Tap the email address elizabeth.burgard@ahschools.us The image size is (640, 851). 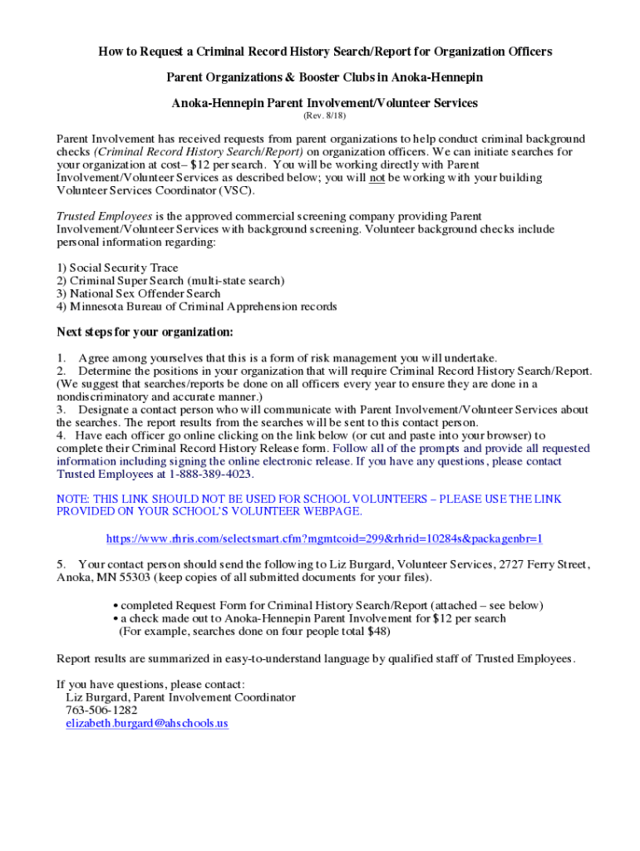pyautogui.click(x=146, y=723)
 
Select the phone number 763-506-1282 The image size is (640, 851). pyautogui.click(x=101, y=711)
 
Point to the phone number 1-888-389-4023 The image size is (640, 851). pyautogui.click(x=210, y=475)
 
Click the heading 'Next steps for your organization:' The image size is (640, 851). pyautogui.click(x=145, y=332)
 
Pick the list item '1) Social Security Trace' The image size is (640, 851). pyautogui.click(x=117, y=268)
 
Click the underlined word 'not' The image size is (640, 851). pyautogui.click(x=377, y=178)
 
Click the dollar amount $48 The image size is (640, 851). pyautogui.click(x=378, y=631)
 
